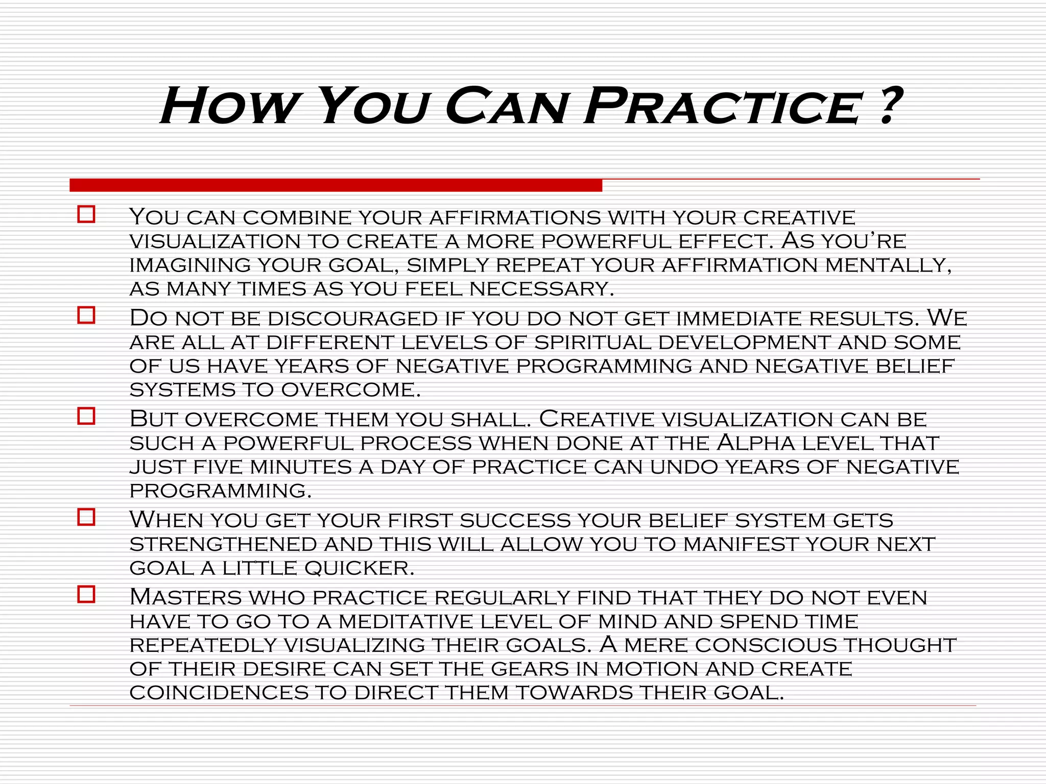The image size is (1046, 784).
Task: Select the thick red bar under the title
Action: tap(336, 185)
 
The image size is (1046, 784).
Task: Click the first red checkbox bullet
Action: tap(86, 214)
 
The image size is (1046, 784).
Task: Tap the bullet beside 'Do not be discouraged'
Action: tap(86, 315)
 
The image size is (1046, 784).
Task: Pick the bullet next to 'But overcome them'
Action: tap(86, 416)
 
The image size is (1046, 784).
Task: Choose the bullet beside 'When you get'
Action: tap(86, 517)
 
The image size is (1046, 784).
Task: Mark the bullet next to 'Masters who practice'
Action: tap(86, 595)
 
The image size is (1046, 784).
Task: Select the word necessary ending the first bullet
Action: tap(541, 289)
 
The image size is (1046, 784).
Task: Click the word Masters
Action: tap(185, 597)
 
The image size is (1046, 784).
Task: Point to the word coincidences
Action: tap(219, 693)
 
